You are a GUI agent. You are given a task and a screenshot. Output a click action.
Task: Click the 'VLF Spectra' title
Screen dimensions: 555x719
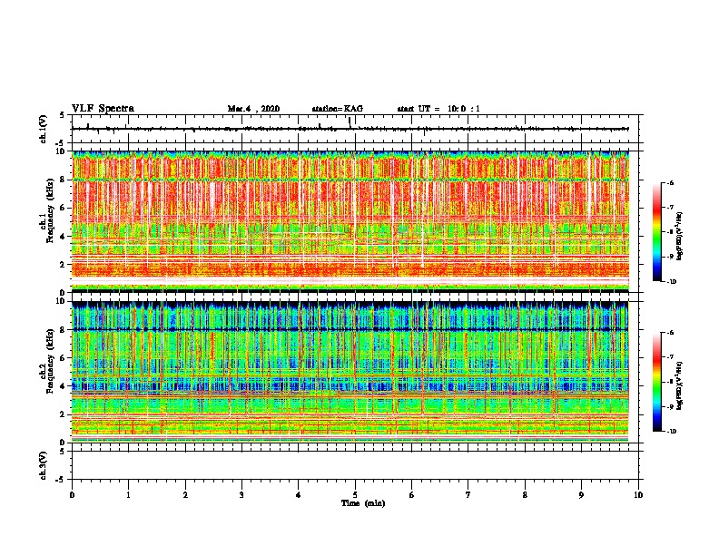[103, 109]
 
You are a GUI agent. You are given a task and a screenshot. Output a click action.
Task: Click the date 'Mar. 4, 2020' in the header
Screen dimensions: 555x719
[253, 109]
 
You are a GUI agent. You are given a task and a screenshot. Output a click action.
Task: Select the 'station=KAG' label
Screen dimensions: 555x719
[337, 109]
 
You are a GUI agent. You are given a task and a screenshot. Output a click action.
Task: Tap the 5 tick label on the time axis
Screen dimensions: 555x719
[355, 494]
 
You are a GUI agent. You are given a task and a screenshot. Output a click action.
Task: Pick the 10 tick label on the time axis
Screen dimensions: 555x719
[639, 494]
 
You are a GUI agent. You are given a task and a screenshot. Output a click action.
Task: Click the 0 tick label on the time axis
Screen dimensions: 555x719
[72, 494]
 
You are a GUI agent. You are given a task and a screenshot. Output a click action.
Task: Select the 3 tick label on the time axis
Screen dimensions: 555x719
[241, 494]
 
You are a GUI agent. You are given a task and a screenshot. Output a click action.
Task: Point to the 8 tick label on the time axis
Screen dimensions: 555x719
[525, 494]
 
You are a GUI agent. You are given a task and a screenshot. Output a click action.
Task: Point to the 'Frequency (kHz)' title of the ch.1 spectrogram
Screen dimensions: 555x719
[52, 221]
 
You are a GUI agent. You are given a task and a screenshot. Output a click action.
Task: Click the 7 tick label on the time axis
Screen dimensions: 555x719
[468, 494]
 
